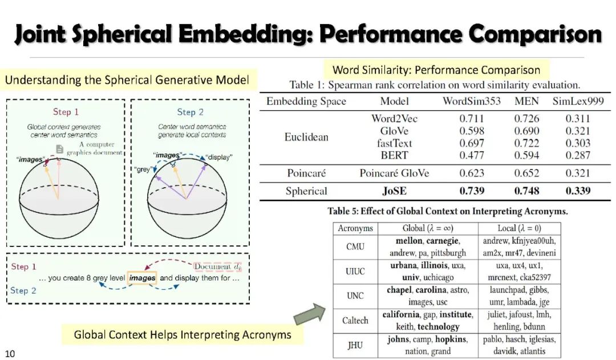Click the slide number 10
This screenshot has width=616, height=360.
point(10,353)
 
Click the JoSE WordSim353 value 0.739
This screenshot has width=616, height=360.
point(471,191)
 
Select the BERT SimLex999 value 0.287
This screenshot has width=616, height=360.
point(578,155)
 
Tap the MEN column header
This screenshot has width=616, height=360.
point(526,102)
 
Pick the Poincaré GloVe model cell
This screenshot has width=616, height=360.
point(394,173)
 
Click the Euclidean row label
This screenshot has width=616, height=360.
point(306,137)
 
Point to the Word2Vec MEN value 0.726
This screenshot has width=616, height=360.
point(526,119)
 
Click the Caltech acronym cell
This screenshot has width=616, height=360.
point(355,321)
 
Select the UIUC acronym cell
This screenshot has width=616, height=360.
point(355,272)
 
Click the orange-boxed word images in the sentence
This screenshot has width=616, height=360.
point(142,278)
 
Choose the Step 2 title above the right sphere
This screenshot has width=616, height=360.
point(190,112)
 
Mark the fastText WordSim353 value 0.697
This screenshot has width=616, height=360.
point(471,143)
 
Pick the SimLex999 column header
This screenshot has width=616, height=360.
point(578,102)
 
